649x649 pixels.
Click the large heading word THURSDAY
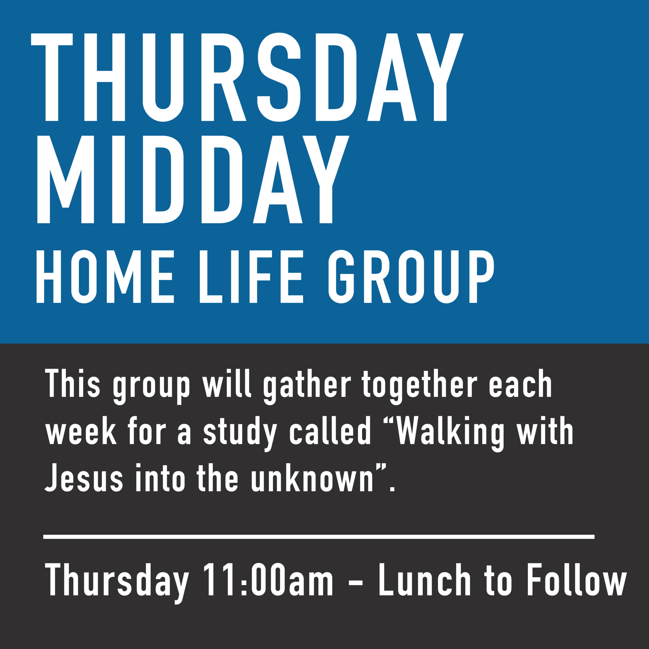coord(247,77)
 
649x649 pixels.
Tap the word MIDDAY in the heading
coord(193,179)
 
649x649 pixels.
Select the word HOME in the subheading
coord(105,277)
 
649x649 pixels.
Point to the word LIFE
coord(251,277)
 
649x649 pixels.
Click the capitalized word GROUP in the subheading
coord(411,277)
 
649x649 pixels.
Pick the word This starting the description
coord(73,383)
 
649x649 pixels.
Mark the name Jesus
coord(84,478)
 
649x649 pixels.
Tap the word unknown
coord(312,478)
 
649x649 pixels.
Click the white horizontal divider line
coord(319,537)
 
